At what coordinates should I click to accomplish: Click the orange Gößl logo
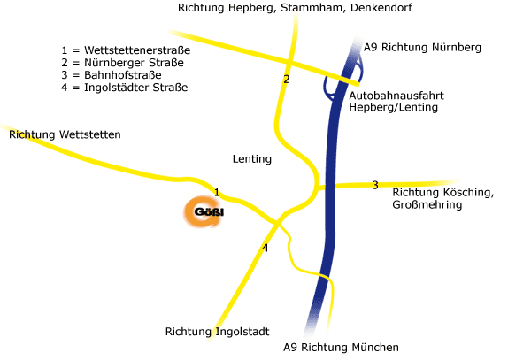point(202,213)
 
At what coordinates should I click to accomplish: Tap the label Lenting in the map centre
point(251,159)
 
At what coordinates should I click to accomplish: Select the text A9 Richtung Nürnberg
point(422,47)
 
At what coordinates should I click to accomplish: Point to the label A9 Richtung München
point(341,348)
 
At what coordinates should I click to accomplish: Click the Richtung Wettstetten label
point(64,134)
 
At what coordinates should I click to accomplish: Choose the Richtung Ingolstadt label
point(216,332)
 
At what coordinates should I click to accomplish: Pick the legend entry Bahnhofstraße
point(115,75)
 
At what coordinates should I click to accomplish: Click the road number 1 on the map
point(217,192)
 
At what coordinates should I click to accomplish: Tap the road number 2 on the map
point(286,80)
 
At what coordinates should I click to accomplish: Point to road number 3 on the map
point(374,185)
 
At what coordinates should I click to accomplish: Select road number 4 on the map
point(265,248)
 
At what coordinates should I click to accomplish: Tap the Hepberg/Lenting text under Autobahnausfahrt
point(394,107)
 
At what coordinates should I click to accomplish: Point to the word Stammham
point(317,7)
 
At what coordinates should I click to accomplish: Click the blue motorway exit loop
point(340,78)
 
